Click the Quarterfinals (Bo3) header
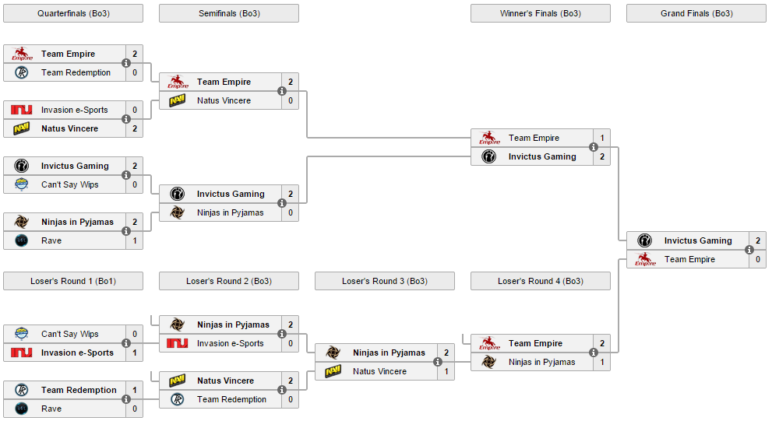(73, 13)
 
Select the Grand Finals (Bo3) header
(696, 13)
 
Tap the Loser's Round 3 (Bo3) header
(385, 281)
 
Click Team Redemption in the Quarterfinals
(76, 72)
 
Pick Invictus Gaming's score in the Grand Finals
(758, 240)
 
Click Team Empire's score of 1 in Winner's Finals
(601, 138)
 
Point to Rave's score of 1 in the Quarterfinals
(135, 240)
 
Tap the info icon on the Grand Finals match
(749, 250)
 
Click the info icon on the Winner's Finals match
(594, 147)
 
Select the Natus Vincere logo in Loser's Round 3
(333, 371)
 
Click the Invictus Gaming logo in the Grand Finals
(644, 240)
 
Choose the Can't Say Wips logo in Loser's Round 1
(21, 334)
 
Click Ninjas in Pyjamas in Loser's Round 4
(541, 362)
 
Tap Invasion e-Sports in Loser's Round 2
(231, 343)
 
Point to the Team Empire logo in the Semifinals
(178, 82)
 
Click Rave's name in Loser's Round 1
(51, 409)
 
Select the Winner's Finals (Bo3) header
(541, 13)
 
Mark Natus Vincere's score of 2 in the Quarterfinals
(135, 128)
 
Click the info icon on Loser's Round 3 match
(438, 362)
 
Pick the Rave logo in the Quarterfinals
(21, 240)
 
